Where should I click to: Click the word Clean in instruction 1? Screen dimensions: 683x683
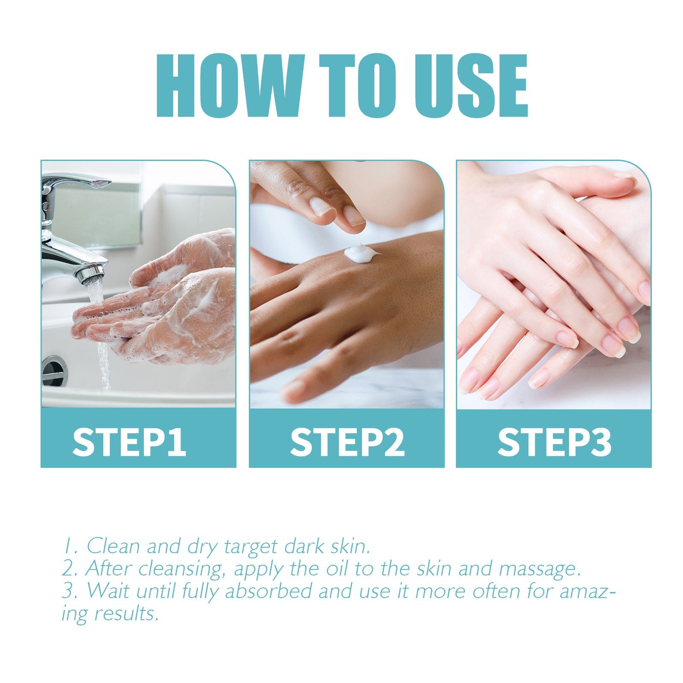click(x=113, y=546)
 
